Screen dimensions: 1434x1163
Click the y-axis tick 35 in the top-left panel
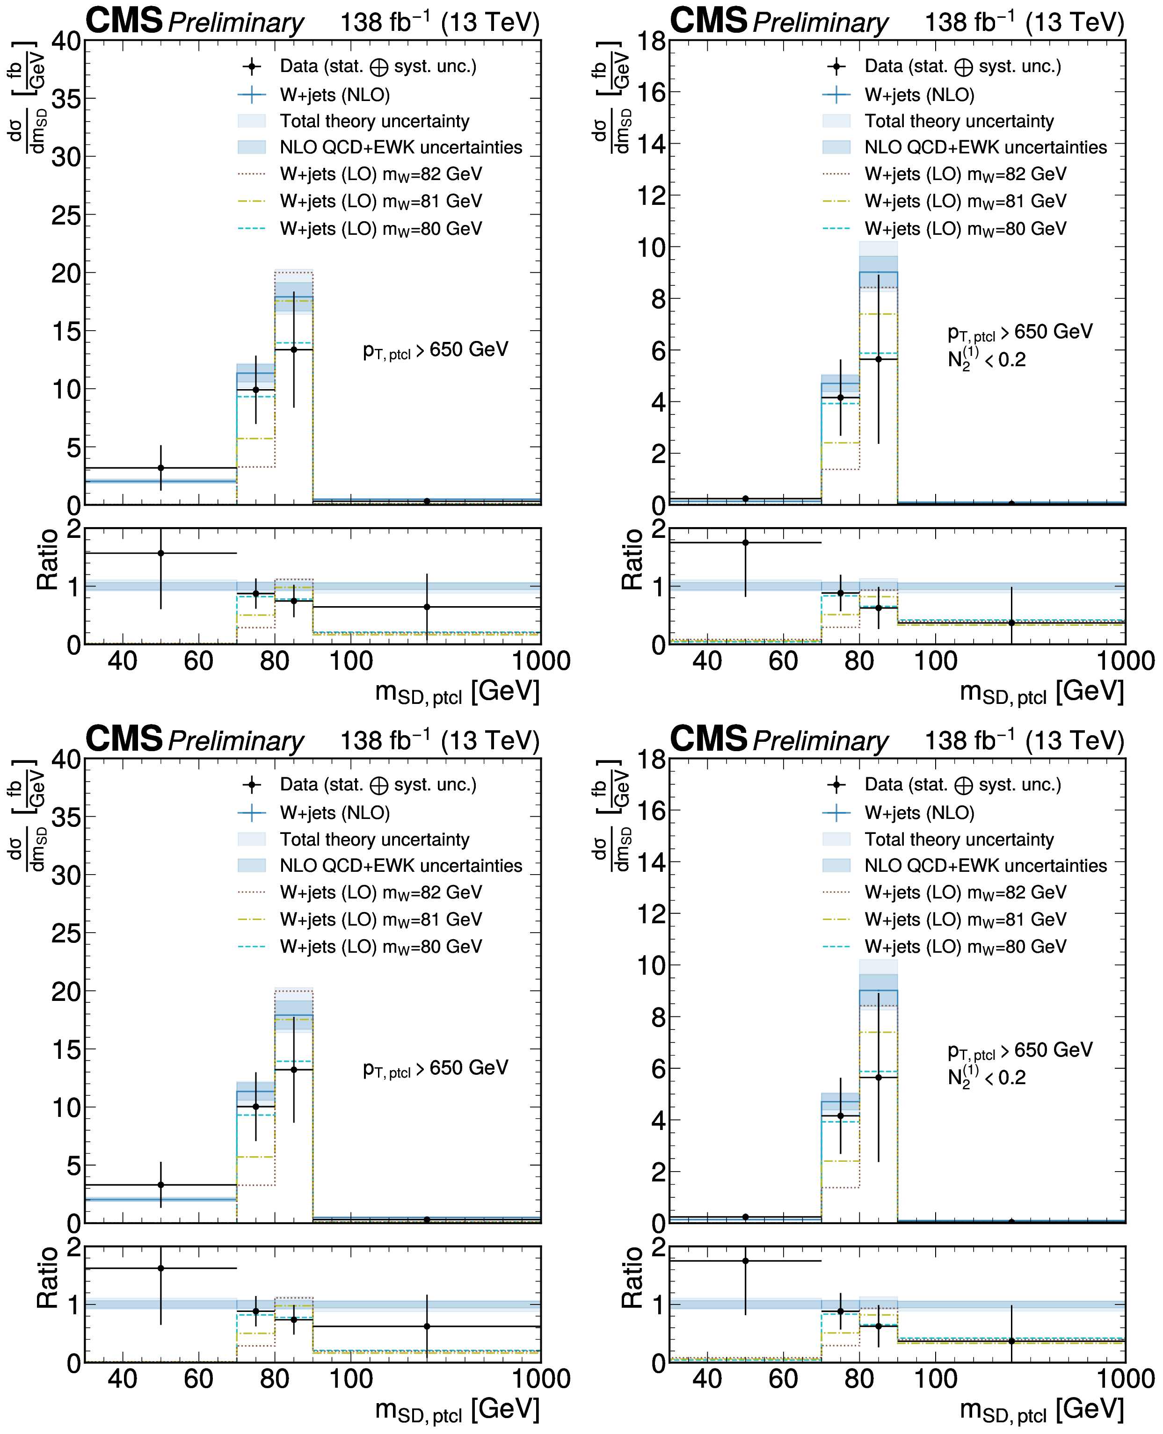tap(65, 99)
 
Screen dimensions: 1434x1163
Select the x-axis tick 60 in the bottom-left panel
tap(198, 1379)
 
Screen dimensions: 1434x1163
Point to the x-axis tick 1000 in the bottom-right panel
tap(1125, 1379)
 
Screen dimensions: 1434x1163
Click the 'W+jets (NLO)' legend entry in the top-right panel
tap(919, 94)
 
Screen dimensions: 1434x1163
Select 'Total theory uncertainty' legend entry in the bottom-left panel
tap(374, 839)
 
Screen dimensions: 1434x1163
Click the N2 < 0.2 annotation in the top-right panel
tap(986, 360)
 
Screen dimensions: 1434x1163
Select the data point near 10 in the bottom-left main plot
tap(255, 1107)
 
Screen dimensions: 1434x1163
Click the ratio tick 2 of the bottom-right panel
tap(659, 1247)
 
